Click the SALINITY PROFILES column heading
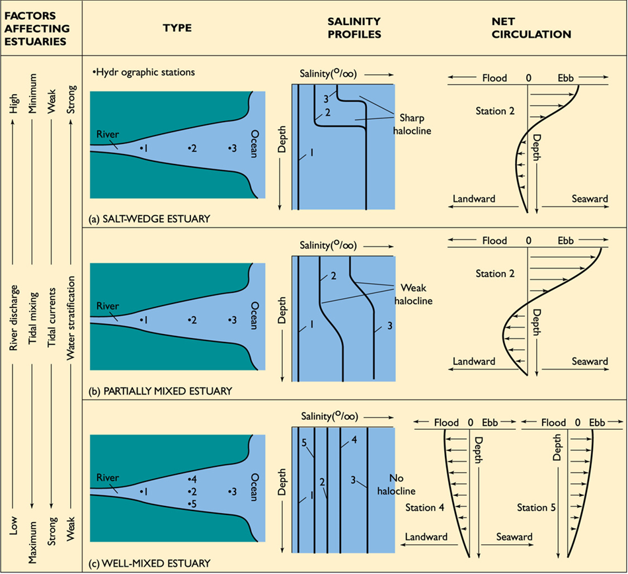(355, 28)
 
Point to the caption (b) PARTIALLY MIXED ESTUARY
(161, 391)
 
